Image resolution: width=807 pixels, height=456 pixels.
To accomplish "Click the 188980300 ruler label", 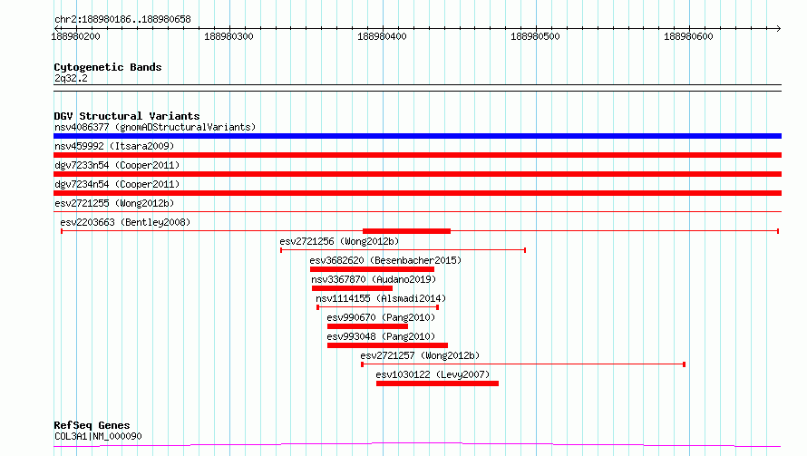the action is (228, 36).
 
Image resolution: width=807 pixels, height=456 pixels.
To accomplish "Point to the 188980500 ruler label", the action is (535, 36).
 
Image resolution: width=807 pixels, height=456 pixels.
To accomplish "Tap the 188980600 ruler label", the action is (688, 36).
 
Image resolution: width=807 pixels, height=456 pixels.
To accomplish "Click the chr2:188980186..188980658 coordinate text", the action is (122, 19).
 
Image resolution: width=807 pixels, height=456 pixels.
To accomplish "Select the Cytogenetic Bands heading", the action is (108, 67).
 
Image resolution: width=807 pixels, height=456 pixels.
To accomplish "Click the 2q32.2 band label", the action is (71, 78).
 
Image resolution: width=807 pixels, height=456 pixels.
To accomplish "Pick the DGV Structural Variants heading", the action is (127, 116).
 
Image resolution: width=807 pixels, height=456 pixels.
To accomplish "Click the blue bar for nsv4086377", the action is (417, 136).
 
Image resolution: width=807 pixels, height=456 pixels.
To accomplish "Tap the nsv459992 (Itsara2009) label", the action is (114, 146).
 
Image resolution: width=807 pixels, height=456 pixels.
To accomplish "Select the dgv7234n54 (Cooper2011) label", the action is (117, 184).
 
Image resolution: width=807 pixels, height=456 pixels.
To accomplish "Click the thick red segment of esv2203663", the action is (406, 231).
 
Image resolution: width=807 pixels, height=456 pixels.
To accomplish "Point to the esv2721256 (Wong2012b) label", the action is (339, 241).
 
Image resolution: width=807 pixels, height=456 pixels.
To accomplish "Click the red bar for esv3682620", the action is (372, 269).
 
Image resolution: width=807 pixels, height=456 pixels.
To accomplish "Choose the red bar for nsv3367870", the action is (352, 288).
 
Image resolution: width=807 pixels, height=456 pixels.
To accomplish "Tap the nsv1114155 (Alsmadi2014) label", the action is (381, 298).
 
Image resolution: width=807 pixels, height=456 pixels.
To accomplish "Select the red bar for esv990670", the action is (367, 326).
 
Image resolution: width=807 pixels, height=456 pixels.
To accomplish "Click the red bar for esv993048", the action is (387, 345).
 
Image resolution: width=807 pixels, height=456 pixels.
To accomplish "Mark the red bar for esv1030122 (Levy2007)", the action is (437, 383).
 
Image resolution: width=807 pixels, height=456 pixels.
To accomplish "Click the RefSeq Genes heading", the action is (92, 425).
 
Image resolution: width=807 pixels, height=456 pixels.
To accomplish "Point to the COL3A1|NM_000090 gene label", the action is (98, 436).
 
